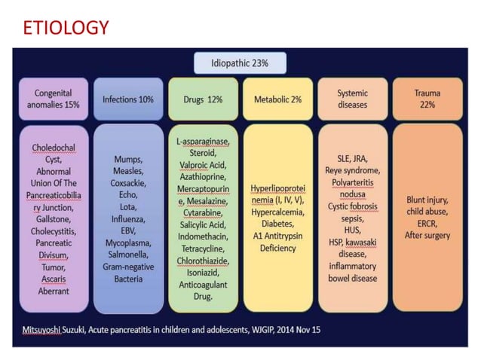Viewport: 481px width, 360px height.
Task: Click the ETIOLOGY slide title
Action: tap(66, 28)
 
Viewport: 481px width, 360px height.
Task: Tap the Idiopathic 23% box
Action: tap(240, 63)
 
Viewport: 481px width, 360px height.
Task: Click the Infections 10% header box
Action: tap(128, 99)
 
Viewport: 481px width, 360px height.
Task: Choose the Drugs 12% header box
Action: tap(203, 99)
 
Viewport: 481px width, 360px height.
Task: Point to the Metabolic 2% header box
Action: tap(277, 99)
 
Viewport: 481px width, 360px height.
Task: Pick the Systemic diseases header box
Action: tap(353, 99)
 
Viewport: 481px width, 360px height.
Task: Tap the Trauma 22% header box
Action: tap(427, 99)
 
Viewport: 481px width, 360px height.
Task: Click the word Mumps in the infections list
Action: tap(128, 160)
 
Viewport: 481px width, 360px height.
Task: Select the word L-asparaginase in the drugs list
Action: tap(203, 141)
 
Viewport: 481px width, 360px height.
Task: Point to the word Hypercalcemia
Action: tap(277, 212)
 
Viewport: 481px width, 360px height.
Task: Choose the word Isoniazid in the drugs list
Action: tap(203, 273)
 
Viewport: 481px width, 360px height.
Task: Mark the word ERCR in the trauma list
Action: tap(427, 224)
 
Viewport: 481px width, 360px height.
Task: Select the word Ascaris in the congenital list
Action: tap(54, 279)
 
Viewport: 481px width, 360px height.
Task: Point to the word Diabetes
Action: tap(277, 224)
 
